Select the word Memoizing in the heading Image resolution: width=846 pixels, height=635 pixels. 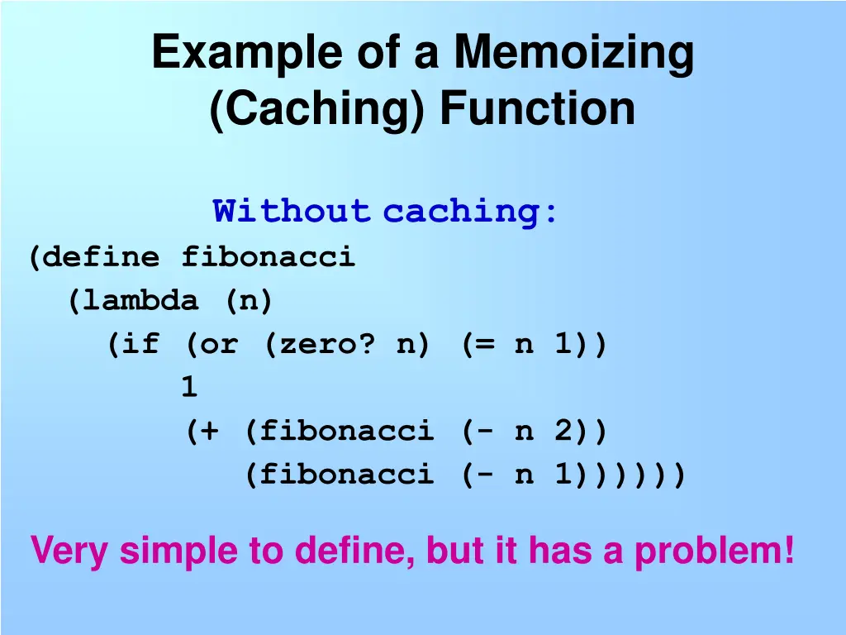[573, 54]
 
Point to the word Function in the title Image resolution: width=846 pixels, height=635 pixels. [537, 109]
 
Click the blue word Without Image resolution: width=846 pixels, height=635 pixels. [291, 212]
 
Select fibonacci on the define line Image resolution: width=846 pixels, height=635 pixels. [268, 257]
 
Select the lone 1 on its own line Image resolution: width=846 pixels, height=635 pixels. [189, 387]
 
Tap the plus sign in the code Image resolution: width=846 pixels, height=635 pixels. [210, 431]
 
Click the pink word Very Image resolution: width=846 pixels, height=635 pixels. [69, 551]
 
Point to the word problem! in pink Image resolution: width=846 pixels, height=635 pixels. [714, 551]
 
